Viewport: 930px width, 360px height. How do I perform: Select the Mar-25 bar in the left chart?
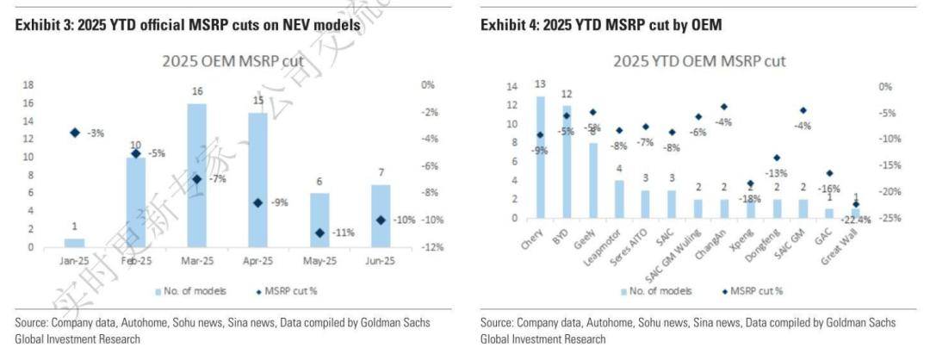[197, 176]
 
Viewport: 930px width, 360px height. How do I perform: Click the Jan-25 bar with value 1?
[75, 243]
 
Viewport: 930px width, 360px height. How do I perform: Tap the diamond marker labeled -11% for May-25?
[319, 233]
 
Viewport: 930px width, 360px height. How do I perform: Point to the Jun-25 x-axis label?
[381, 259]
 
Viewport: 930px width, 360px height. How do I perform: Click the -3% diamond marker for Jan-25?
[75, 133]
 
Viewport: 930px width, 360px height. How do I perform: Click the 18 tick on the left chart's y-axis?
[28, 85]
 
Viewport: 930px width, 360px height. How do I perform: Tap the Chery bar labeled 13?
[541, 157]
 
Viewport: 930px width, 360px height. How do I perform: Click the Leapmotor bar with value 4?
[619, 199]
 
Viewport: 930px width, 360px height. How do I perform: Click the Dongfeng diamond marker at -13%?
[776, 158]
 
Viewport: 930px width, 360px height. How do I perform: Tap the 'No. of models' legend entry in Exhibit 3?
[191, 291]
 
